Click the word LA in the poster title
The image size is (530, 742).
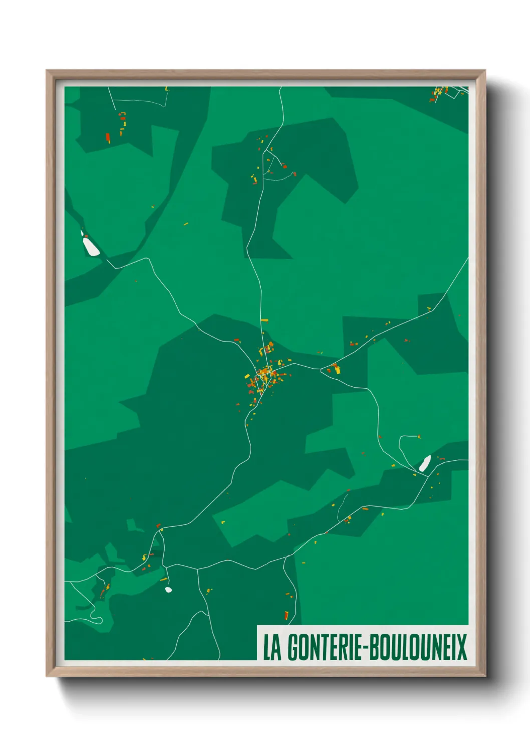[272, 648]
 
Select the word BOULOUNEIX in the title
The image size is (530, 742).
[419, 648]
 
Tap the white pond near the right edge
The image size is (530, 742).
[425, 464]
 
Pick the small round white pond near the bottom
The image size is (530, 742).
[168, 590]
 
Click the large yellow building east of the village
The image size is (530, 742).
[337, 369]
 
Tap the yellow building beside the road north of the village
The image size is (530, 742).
[264, 320]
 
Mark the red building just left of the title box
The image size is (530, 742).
[286, 615]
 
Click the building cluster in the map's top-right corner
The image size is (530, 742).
[439, 93]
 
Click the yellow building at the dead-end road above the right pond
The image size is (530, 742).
[419, 437]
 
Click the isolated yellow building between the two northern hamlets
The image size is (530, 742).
[186, 224]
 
